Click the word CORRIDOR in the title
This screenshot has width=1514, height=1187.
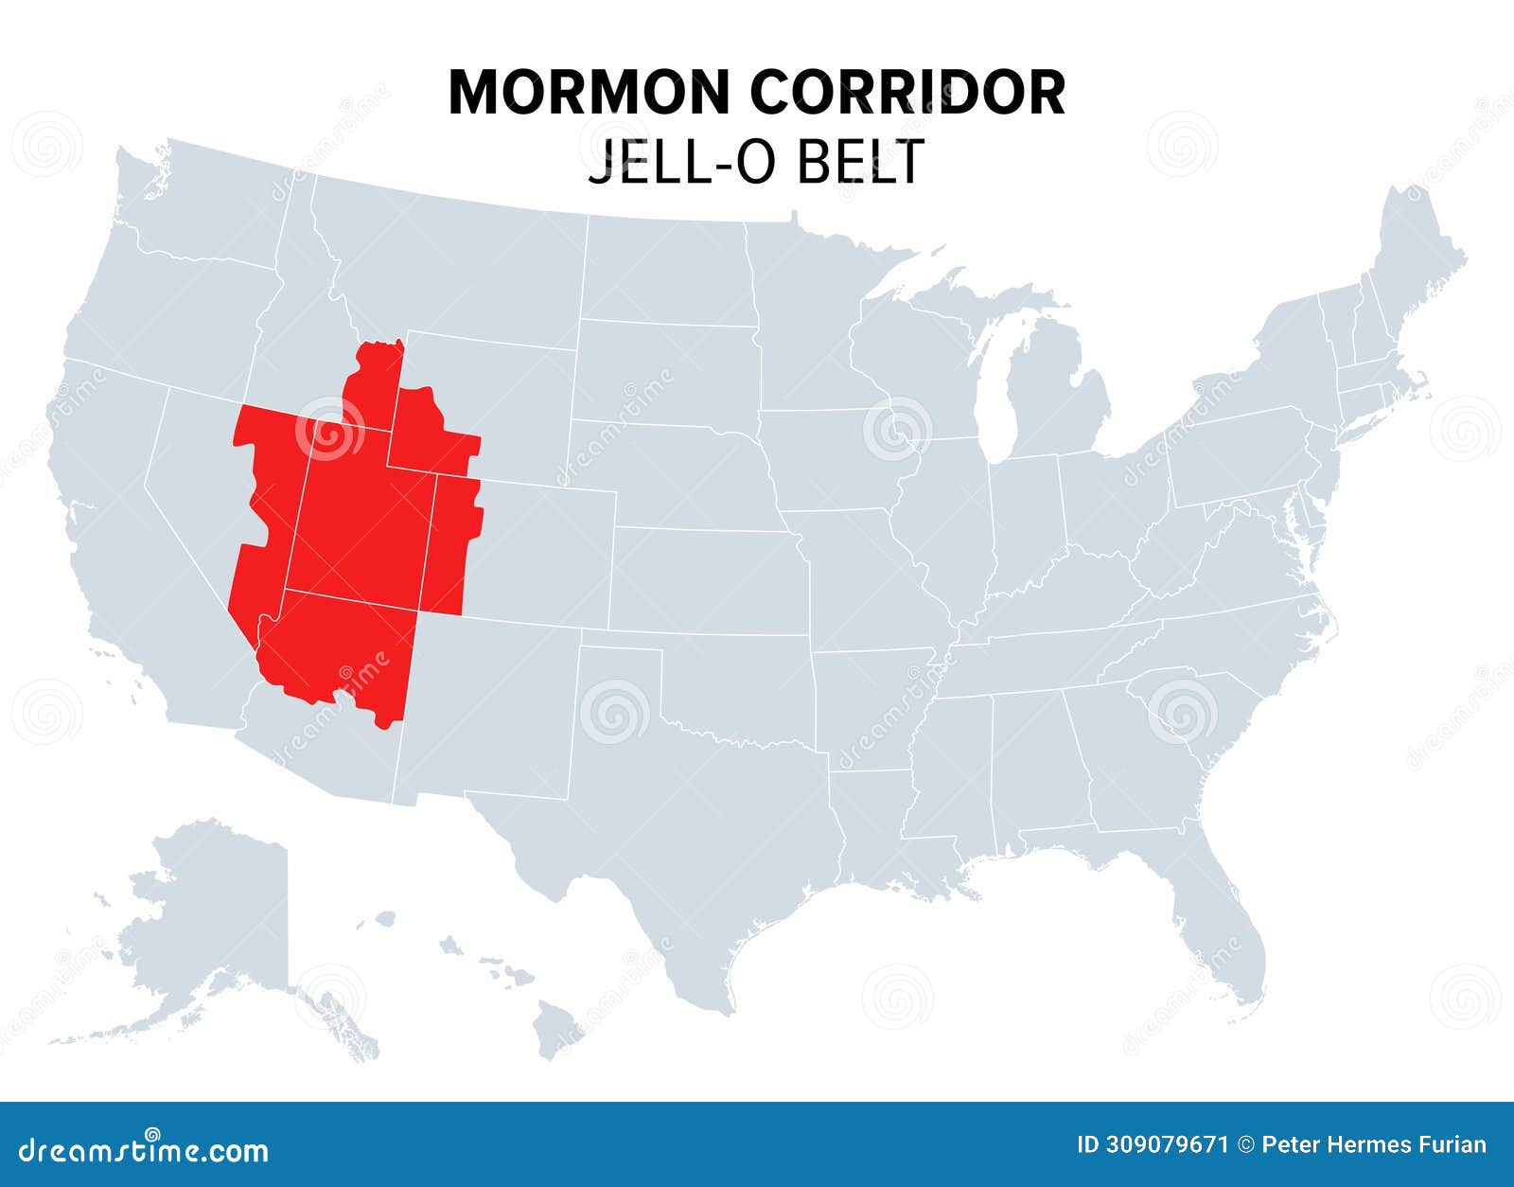point(907,92)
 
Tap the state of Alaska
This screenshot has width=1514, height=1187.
point(208,928)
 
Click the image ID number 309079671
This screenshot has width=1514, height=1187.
point(1153,1144)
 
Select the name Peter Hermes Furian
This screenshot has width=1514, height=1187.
point(1374,1144)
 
